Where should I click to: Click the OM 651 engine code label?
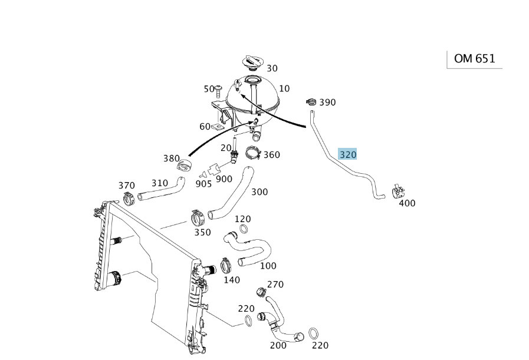(474, 59)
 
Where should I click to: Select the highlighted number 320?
(347, 154)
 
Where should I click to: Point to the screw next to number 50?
(219, 90)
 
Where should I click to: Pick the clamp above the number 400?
(398, 192)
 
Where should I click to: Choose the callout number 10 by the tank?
(284, 88)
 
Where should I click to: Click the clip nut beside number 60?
(217, 127)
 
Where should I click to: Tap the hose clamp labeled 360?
(254, 153)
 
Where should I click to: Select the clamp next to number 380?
(185, 166)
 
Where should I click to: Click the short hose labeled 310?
(161, 190)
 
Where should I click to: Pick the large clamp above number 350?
(198, 219)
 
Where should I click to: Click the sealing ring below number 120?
(244, 229)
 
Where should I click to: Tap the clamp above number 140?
(226, 266)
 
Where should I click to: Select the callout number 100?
(268, 266)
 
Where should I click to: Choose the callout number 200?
(278, 345)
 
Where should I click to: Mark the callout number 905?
(204, 184)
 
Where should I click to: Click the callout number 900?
(224, 179)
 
